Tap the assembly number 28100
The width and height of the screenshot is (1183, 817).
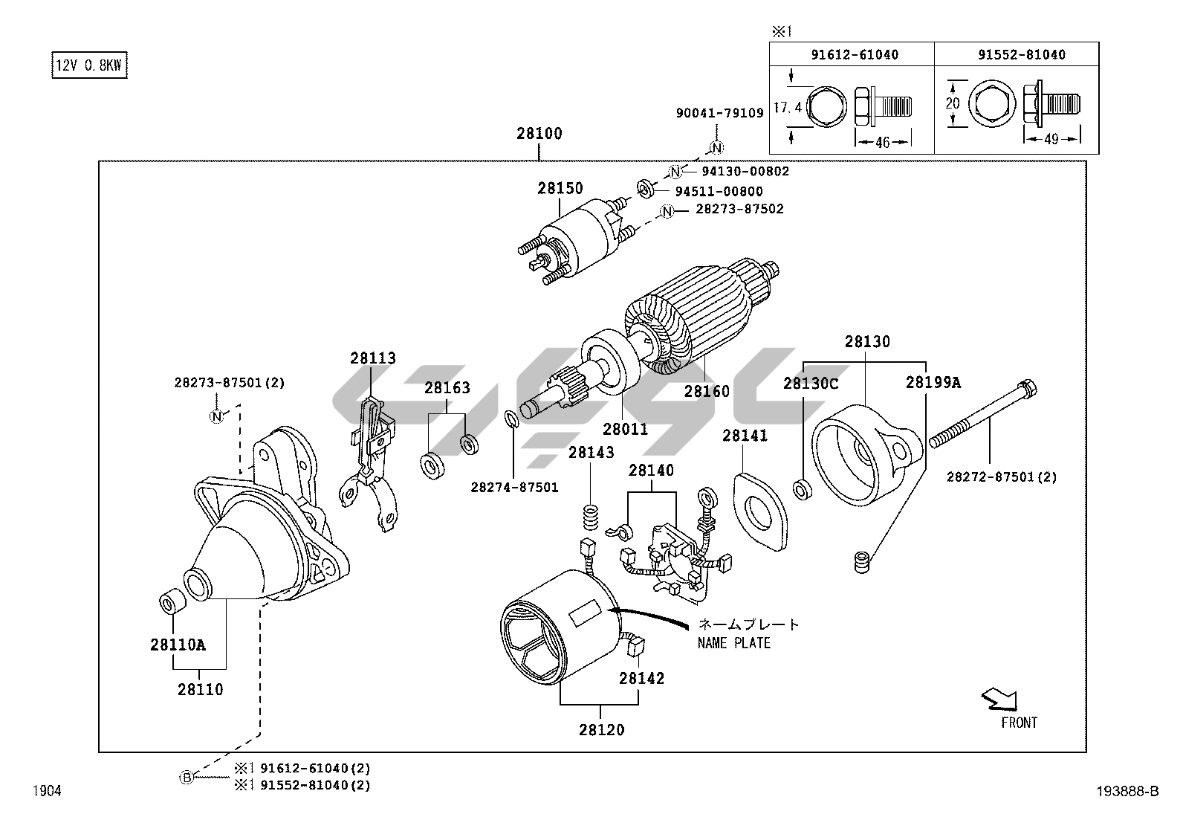pyautogui.click(x=539, y=135)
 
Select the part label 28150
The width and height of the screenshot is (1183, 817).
pyautogui.click(x=560, y=189)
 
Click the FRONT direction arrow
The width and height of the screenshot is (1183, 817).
pyautogui.click(x=999, y=699)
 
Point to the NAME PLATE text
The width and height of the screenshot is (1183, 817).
pyautogui.click(x=734, y=643)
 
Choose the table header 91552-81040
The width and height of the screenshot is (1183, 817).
pyautogui.click(x=1015, y=55)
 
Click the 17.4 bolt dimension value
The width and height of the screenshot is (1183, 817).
pyautogui.click(x=787, y=108)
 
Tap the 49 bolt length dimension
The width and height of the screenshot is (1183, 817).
pyautogui.click(x=1051, y=140)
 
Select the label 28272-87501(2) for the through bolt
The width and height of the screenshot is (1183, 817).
pyautogui.click(x=1001, y=477)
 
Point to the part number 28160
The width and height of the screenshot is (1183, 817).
pyautogui.click(x=707, y=391)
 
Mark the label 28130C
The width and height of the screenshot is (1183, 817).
pyautogui.click(x=811, y=384)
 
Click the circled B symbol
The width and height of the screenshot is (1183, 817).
pyautogui.click(x=187, y=778)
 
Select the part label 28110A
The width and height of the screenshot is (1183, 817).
pyautogui.click(x=178, y=645)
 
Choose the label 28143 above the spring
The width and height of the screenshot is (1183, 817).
pyautogui.click(x=591, y=453)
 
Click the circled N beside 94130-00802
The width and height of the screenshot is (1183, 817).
pyautogui.click(x=675, y=172)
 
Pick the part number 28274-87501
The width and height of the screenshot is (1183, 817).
pyautogui.click(x=514, y=488)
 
